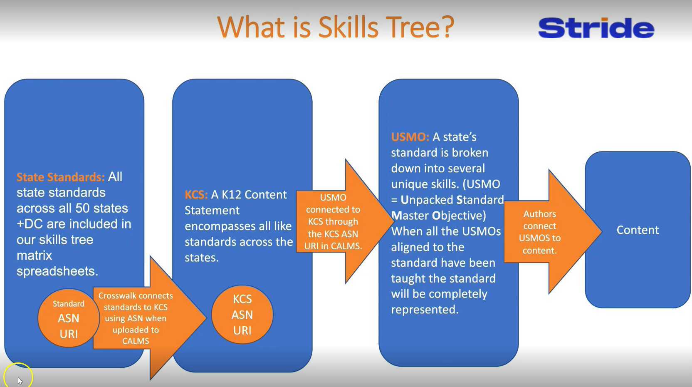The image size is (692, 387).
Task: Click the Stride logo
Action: [596, 28]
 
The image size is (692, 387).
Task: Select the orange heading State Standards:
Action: [60, 177]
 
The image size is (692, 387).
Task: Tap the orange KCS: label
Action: [196, 195]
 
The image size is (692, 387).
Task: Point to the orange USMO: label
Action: [410, 137]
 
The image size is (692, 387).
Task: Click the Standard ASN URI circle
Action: [68, 318]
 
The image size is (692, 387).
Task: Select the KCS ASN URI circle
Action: [242, 315]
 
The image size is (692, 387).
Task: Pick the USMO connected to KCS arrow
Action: [333, 222]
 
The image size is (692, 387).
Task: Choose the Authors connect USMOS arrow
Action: [540, 232]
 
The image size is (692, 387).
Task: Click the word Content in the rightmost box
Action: [638, 230]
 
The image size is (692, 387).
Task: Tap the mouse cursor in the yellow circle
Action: [20, 380]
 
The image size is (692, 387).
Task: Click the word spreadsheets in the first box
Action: [57, 271]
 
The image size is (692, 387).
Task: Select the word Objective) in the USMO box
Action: [459, 216]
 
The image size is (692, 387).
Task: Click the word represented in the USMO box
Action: [424, 310]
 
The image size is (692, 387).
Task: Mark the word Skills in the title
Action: [348, 27]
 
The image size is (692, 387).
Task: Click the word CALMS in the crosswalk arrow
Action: [136, 341]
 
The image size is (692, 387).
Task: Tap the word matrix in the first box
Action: [34, 256]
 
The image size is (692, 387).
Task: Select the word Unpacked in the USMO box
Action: [427, 200]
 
